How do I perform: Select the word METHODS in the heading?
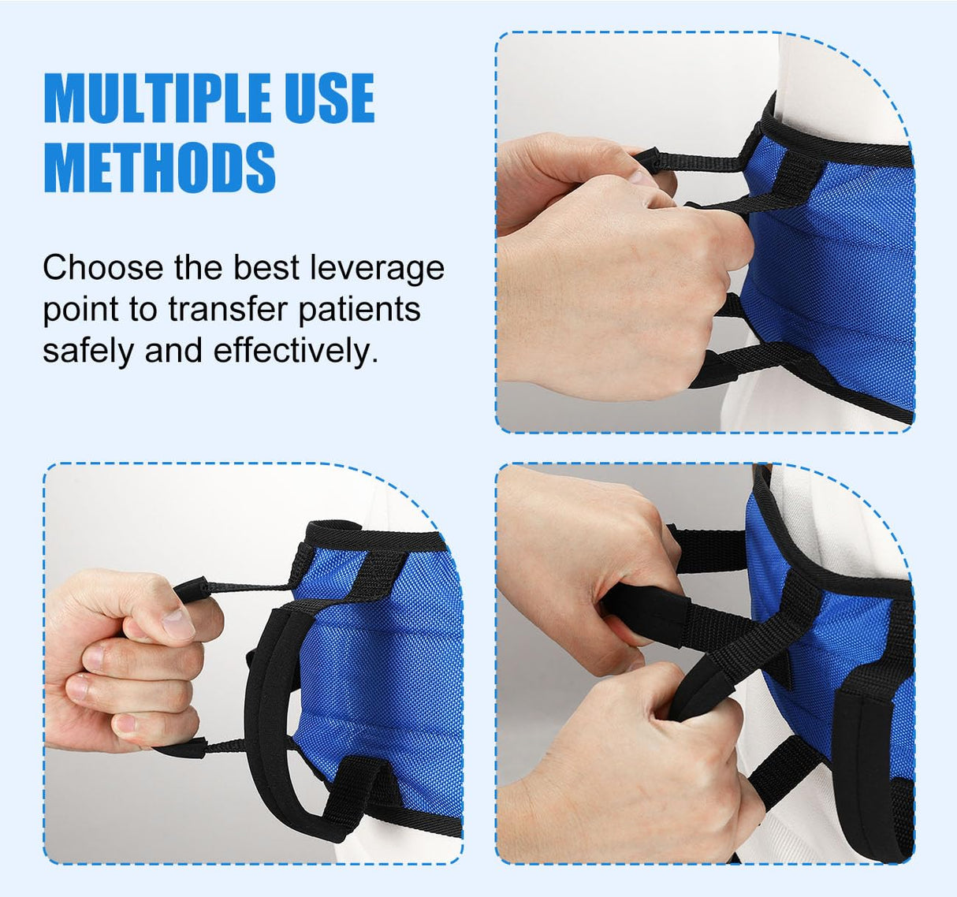click(x=159, y=167)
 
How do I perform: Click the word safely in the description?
click(x=88, y=351)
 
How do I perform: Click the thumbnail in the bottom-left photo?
click(x=178, y=623)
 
